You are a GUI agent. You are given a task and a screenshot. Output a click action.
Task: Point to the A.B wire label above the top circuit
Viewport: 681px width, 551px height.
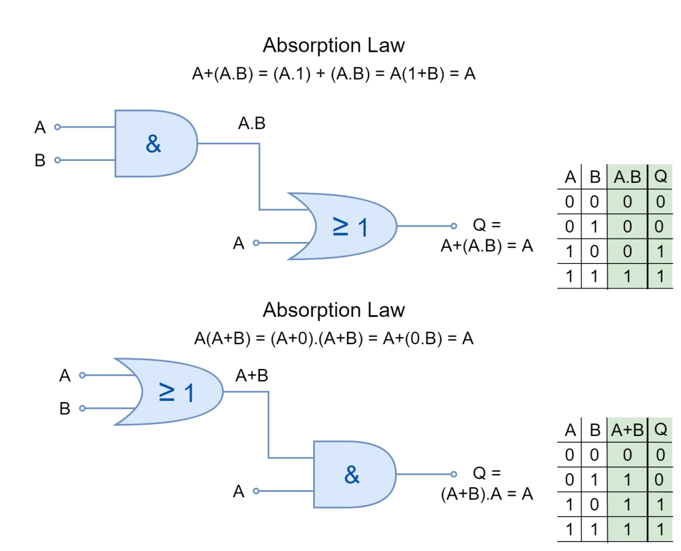252,124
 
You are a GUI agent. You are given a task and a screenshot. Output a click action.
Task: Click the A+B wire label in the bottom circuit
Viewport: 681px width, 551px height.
252,375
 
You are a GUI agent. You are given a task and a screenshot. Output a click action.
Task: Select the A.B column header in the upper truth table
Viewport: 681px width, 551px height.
627,177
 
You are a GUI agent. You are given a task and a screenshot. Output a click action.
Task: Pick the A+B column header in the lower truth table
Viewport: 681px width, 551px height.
627,430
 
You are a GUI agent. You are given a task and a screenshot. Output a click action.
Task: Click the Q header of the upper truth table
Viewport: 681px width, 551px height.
660,176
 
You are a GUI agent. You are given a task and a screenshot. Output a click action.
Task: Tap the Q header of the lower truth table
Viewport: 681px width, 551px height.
660,429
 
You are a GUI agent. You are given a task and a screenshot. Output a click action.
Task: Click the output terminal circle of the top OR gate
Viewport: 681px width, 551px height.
454,226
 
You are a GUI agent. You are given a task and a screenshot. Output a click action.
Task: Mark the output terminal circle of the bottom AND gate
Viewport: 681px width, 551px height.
454,474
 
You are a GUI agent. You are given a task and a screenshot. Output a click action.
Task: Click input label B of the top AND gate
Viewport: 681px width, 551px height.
40,160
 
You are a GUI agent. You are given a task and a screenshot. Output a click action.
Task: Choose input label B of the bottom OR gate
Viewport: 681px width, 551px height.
65,409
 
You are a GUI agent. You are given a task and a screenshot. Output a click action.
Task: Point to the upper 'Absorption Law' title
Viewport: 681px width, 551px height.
334,45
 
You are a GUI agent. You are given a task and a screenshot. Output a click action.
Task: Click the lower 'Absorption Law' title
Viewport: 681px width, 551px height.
334,310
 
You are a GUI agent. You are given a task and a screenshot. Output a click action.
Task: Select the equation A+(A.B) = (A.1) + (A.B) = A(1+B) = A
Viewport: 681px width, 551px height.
334,74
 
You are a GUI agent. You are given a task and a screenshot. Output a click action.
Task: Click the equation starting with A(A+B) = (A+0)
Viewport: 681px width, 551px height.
334,338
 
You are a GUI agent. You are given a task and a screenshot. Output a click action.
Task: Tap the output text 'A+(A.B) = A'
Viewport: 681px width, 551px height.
487,246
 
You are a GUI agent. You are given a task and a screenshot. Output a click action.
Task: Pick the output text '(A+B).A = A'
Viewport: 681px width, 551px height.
487,494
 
